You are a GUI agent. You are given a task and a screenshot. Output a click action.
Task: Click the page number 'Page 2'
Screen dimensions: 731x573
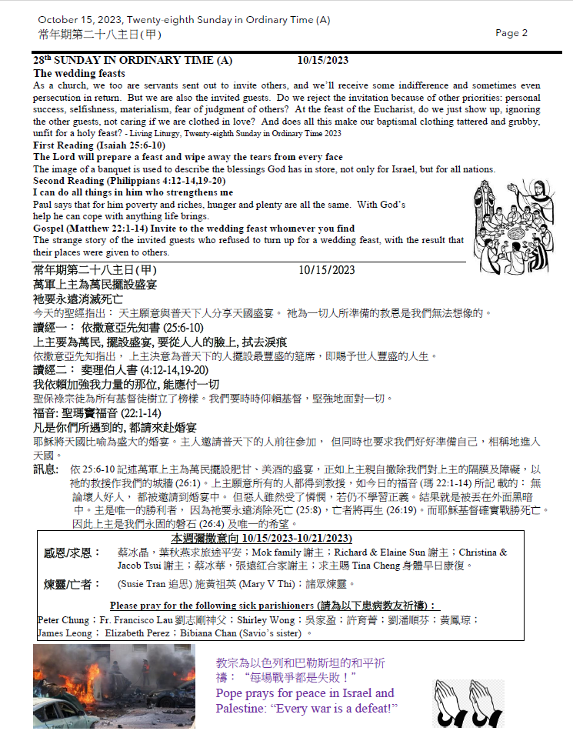pos(511,33)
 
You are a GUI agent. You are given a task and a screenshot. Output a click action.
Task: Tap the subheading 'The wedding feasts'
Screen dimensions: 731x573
pos(79,73)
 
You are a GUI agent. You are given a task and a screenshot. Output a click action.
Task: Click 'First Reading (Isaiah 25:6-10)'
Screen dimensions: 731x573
pos(99,145)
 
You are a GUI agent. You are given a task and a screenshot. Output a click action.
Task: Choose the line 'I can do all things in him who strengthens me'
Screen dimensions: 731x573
pos(133,192)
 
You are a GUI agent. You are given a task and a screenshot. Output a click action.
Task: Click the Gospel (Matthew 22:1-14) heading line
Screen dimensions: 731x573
pos(194,229)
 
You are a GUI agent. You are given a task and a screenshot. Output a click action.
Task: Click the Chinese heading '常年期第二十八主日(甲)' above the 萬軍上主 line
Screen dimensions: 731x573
pos(95,270)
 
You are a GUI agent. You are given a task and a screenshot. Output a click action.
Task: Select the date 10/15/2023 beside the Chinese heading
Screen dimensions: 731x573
pos(327,270)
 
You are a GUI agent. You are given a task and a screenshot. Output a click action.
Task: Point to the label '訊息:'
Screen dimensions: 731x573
pos(45,469)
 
